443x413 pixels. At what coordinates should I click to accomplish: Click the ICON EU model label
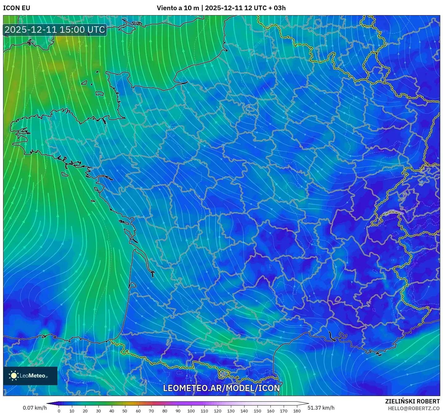coord(17,8)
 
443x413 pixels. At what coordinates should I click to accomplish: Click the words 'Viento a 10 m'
coord(178,8)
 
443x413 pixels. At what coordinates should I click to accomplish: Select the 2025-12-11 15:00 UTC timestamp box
coord(55,30)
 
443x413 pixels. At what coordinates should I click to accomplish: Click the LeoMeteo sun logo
coord(14,375)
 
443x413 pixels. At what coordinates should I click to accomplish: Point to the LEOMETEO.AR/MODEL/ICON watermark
coord(221,388)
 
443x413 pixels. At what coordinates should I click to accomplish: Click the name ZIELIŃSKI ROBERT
coord(412,401)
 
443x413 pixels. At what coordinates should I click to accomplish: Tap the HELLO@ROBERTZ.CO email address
coord(414,408)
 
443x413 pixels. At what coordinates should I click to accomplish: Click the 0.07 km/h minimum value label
coord(35,408)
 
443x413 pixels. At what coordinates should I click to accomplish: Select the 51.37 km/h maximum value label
coord(321,408)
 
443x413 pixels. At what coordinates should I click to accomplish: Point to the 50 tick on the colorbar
coord(125,411)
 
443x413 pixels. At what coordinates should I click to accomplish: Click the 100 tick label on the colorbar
coord(191,411)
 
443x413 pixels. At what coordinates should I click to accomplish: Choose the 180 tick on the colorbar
coord(297,411)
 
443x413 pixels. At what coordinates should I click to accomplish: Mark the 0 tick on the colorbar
coord(59,411)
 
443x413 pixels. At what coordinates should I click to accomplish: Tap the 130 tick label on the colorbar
coord(231,411)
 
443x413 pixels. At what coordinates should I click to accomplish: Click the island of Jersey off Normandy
coord(99,93)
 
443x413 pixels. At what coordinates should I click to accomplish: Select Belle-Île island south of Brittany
coord(65,174)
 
